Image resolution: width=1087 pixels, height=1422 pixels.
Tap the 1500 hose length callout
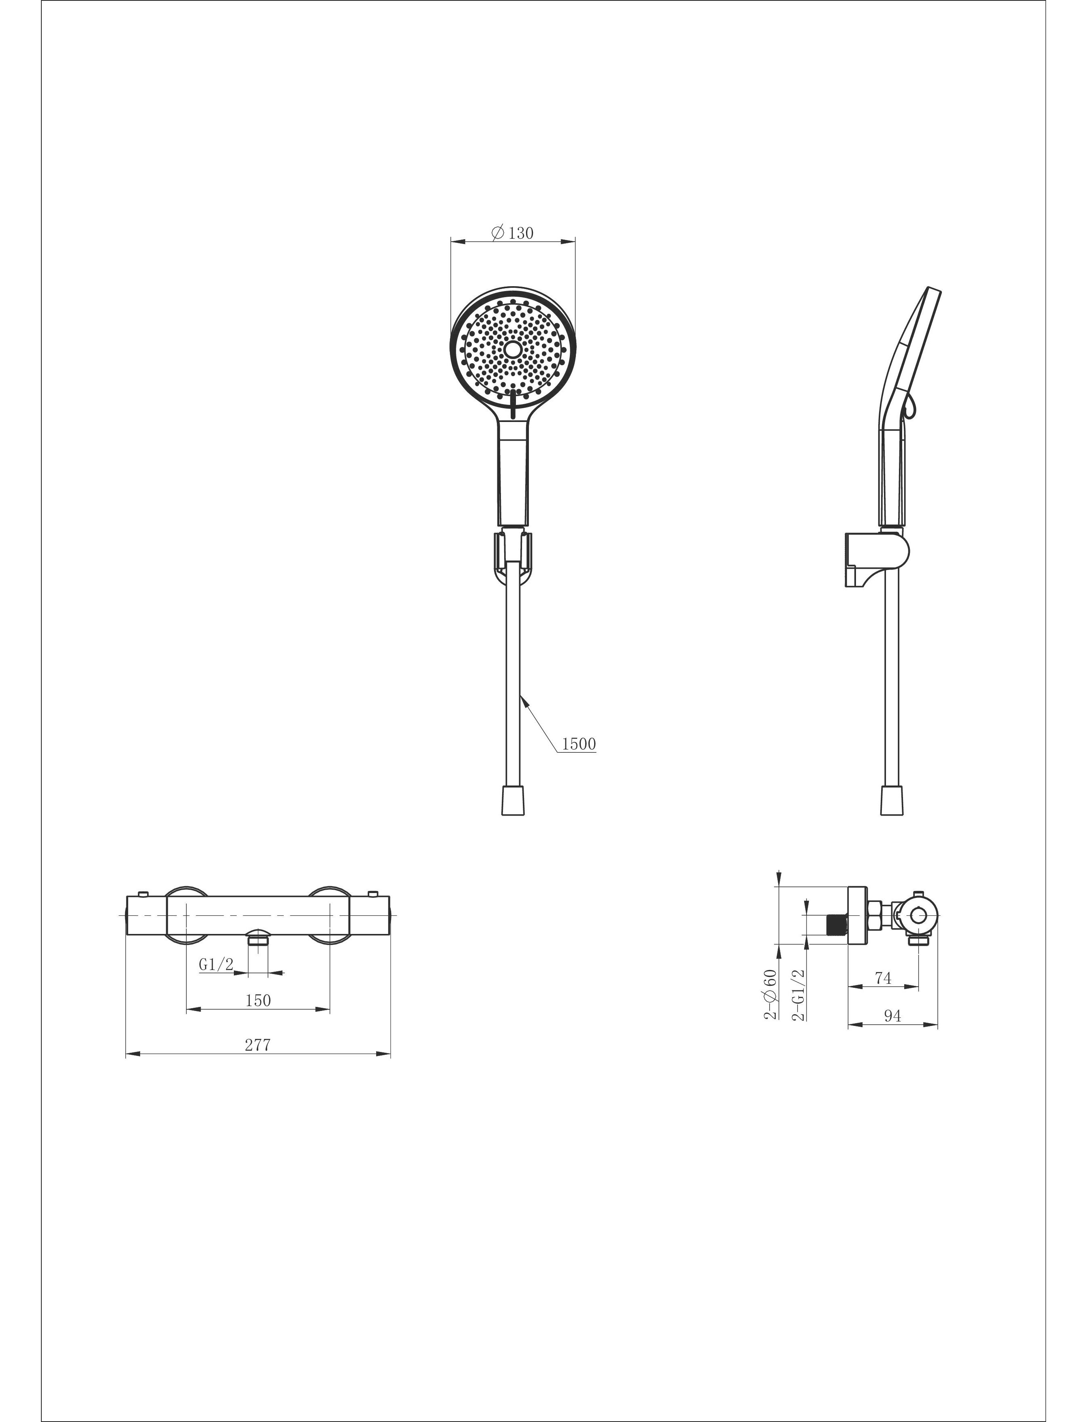tap(578, 745)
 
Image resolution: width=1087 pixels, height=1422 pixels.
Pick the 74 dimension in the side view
tap(883, 978)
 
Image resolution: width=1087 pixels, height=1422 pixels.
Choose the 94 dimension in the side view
tap(892, 1016)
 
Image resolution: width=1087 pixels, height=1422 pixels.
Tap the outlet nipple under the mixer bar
tap(258, 938)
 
